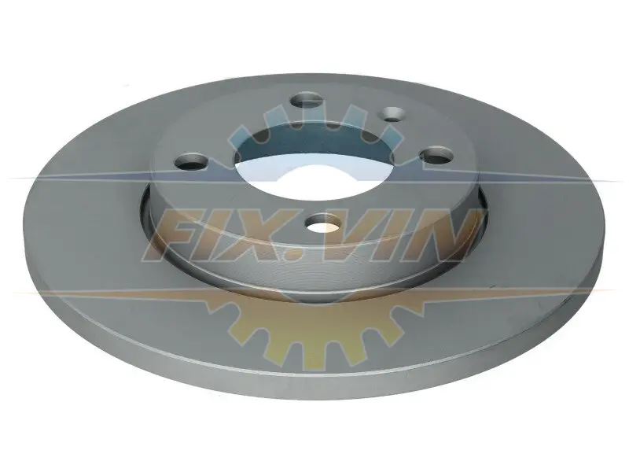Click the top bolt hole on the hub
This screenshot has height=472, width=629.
tap(307, 100)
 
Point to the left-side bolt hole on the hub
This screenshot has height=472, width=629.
tap(191, 162)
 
